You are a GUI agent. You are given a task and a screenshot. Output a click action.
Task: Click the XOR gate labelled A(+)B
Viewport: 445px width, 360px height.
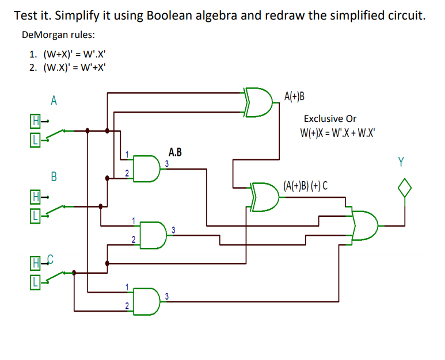(258, 102)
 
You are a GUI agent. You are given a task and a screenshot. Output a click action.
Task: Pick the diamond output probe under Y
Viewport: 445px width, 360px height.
(405, 188)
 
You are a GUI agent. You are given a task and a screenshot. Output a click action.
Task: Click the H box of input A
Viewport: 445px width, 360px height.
(36, 121)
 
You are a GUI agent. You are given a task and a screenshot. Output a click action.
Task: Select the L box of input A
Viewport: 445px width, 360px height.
(36, 139)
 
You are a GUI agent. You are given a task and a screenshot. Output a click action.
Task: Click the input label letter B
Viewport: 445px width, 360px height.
(54, 176)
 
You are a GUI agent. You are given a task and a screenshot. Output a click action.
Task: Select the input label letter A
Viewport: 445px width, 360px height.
(54, 101)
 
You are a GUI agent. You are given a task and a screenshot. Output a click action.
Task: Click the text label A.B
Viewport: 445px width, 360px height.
(175, 152)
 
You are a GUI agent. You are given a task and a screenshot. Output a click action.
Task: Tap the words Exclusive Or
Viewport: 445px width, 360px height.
(330, 118)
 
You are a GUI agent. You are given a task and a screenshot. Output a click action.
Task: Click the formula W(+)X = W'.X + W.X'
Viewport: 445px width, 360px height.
(336, 133)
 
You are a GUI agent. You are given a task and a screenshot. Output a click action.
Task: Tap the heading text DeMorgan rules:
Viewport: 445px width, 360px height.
(58, 35)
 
